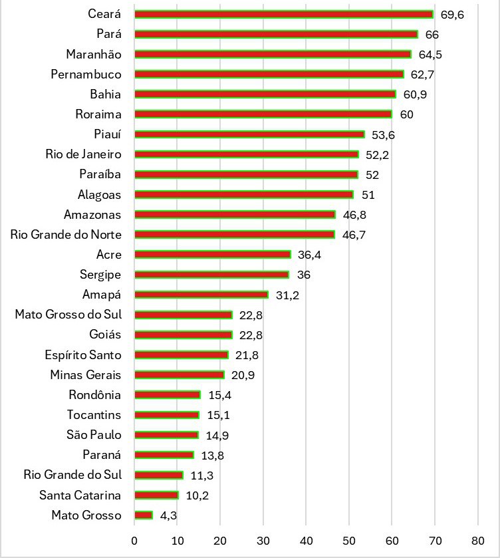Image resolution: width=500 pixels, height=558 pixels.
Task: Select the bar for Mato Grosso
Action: (144, 515)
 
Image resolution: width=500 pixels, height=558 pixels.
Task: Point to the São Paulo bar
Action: (166, 435)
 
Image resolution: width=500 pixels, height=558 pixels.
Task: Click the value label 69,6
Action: (452, 14)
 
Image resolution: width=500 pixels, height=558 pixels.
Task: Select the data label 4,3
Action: (168, 515)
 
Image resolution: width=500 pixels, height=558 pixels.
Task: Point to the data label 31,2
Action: (287, 295)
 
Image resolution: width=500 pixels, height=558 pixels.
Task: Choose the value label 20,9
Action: (243, 375)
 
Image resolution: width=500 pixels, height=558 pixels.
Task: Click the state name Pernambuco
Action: (86, 74)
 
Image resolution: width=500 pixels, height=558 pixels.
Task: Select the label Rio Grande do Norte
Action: (66, 235)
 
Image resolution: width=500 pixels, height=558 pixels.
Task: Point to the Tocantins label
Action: (94, 415)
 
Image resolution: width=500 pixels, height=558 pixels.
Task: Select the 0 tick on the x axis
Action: (134, 539)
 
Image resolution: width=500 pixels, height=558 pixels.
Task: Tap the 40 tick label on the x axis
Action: (306, 539)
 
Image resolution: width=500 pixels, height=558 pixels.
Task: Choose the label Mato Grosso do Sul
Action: (68, 315)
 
